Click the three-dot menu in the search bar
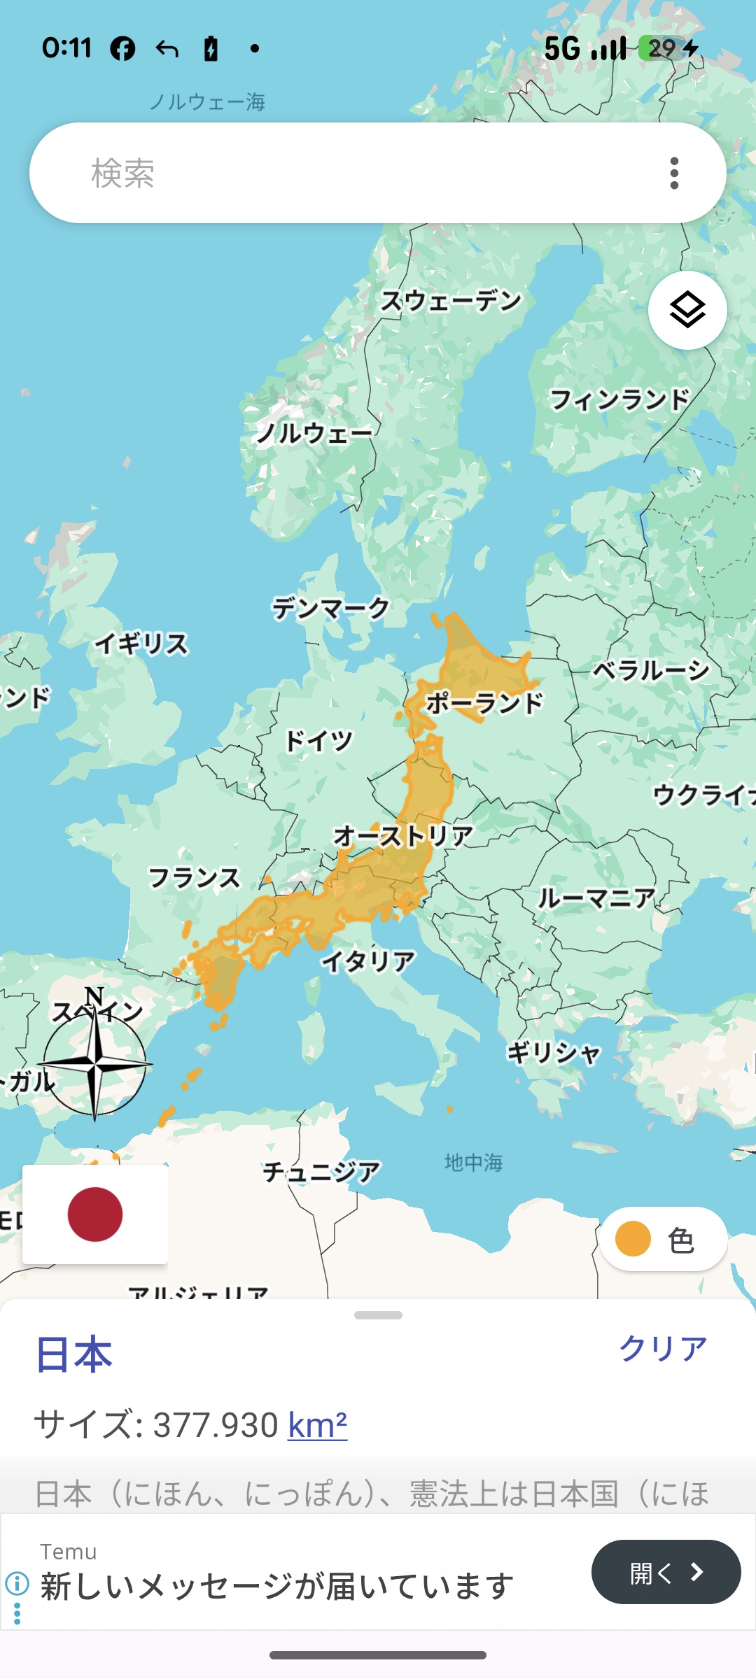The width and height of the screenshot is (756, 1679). [674, 173]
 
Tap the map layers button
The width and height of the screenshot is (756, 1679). [687, 310]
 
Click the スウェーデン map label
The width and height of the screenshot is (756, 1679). [451, 301]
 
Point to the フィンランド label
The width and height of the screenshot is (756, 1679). [619, 399]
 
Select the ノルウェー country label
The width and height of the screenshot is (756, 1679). [314, 433]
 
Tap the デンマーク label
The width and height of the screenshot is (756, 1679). [330, 608]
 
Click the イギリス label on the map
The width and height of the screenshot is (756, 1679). [142, 644]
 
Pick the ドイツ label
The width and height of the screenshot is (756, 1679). [319, 740]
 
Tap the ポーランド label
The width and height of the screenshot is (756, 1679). [484, 702]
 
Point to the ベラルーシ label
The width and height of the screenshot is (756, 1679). [651, 670]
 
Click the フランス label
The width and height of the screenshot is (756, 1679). [194, 877]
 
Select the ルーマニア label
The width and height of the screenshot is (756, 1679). [596, 898]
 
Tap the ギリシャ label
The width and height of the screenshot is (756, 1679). [554, 1052]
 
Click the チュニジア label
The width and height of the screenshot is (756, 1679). [321, 1171]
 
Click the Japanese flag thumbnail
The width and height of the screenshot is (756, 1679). [95, 1214]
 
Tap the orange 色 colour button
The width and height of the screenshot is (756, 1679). [662, 1240]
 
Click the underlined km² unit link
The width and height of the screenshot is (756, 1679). [318, 1425]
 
